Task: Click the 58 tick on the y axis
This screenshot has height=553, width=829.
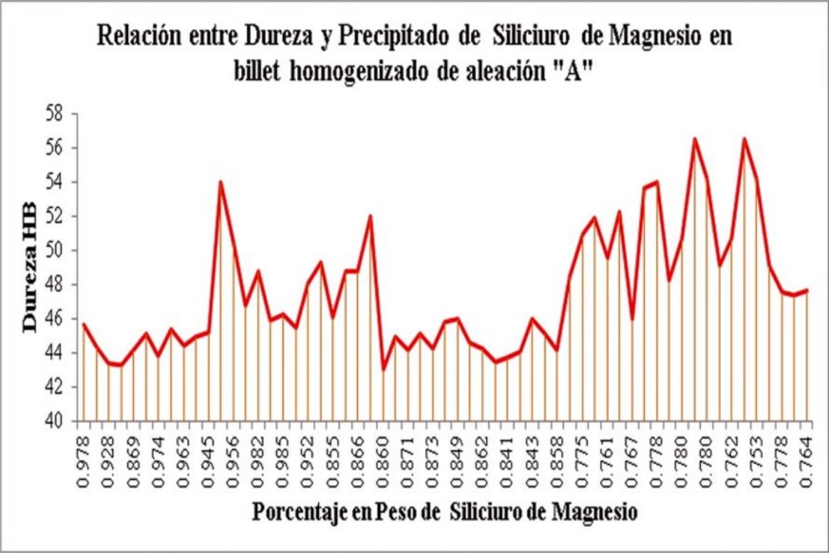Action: click(53, 114)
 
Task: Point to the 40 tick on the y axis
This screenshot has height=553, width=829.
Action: click(53, 422)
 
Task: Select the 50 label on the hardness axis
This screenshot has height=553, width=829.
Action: click(53, 250)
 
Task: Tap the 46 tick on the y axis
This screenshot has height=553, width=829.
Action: click(53, 318)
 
